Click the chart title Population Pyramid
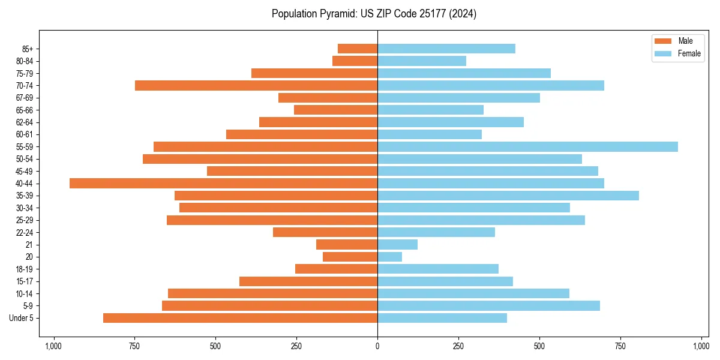[374, 14]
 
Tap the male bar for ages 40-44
[223, 183]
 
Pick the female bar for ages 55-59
[527, 146]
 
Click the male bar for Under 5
[240, 318]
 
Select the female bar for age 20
[390, 257]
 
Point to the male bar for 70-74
[256, 85]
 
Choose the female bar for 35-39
[508, 196]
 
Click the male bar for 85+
[358, 49]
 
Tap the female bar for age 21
[397, 244]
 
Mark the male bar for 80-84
[355, 61]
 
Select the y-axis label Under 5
[22, 318]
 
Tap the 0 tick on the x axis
[377, 346]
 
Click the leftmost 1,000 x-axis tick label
[53, 346]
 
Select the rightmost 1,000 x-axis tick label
[701, 346]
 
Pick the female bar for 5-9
[488, 305]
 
